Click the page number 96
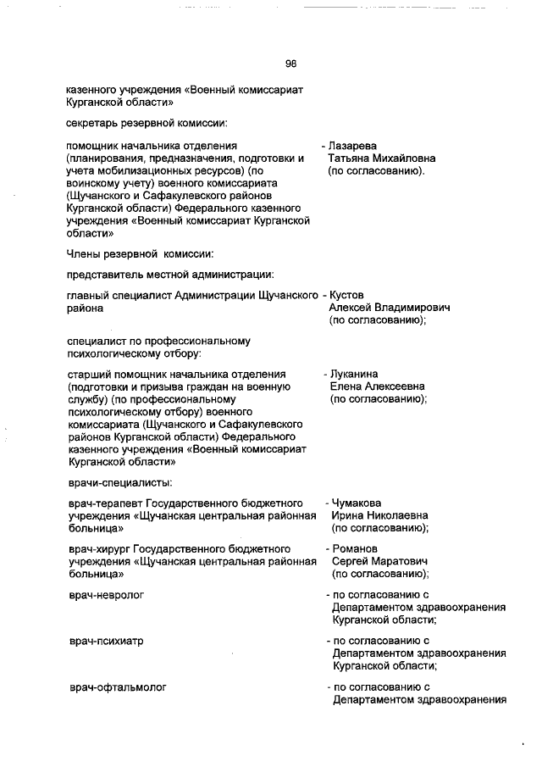pyautogui.click(x=290, y=64)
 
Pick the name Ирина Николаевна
pyautogui.click(x=379, y=515)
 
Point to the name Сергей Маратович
pyautogui.click(x=379, y=562)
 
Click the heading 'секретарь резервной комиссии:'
pyautogui.click(x=146, y=124)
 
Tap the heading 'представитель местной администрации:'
pyautogui.click(x=169, y=273)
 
